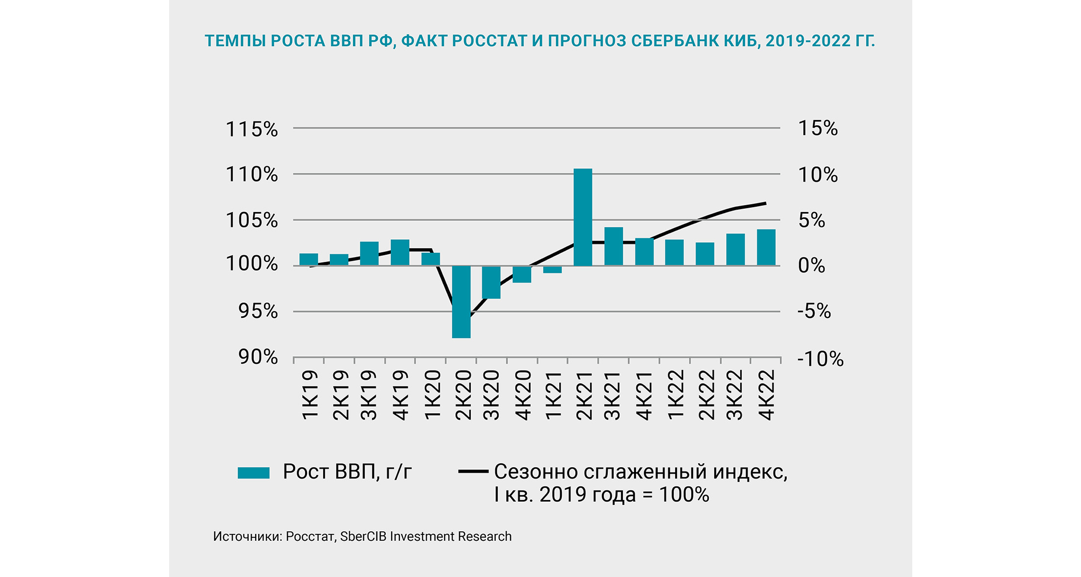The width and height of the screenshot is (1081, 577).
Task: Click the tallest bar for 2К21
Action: (582, 217)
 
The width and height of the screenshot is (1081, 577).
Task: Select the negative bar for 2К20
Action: (461, 302)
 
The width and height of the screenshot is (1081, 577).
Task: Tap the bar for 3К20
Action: (491, 282)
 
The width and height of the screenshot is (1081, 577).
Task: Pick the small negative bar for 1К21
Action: (552, 269)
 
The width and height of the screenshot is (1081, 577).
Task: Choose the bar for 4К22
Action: (766, 247)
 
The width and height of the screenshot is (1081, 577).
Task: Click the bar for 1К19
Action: (309, 259)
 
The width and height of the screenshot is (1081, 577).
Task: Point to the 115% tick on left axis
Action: (251, 129)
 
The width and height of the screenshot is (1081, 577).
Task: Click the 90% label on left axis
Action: (258, 357)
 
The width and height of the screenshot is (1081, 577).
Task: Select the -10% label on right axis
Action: (820, 359)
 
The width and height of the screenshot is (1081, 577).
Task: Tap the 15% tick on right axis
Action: (818, 128)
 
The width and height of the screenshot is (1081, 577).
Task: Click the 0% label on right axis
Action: (811, 266)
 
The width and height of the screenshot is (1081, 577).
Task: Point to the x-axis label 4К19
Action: (400, 395)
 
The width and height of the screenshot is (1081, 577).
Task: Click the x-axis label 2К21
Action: (583, 395)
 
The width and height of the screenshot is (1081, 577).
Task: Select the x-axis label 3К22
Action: (735, 395)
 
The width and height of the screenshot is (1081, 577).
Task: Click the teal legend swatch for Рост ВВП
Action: (254, 473)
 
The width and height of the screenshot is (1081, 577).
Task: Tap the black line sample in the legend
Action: (473, 471)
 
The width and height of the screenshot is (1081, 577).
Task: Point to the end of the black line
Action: (766, 203)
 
